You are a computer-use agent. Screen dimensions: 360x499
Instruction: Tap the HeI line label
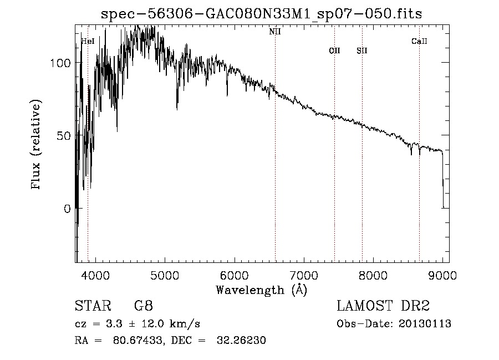pyautogui.click(x=88, y=41)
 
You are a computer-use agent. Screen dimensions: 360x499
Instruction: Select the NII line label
pyautogui.click(x=275, y=32)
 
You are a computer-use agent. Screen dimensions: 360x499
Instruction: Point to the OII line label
pyautogui.click(x=334, y=50)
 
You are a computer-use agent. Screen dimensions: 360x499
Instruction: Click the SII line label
pyautogui.click(x=362, y=50)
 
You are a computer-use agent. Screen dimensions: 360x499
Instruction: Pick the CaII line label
pyautogui.click(x=419, y=41)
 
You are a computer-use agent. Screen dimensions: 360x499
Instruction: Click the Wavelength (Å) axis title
pyautogui.click(x=261, y=290)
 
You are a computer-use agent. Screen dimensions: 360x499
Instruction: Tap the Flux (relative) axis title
pyautogui.click(x=37, y=145)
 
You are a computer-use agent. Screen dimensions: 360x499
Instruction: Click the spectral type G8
pyautogui.click(x=144, y=306)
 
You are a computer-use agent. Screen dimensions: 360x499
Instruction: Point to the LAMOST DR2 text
pyautogui.click(x=383, y=306)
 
